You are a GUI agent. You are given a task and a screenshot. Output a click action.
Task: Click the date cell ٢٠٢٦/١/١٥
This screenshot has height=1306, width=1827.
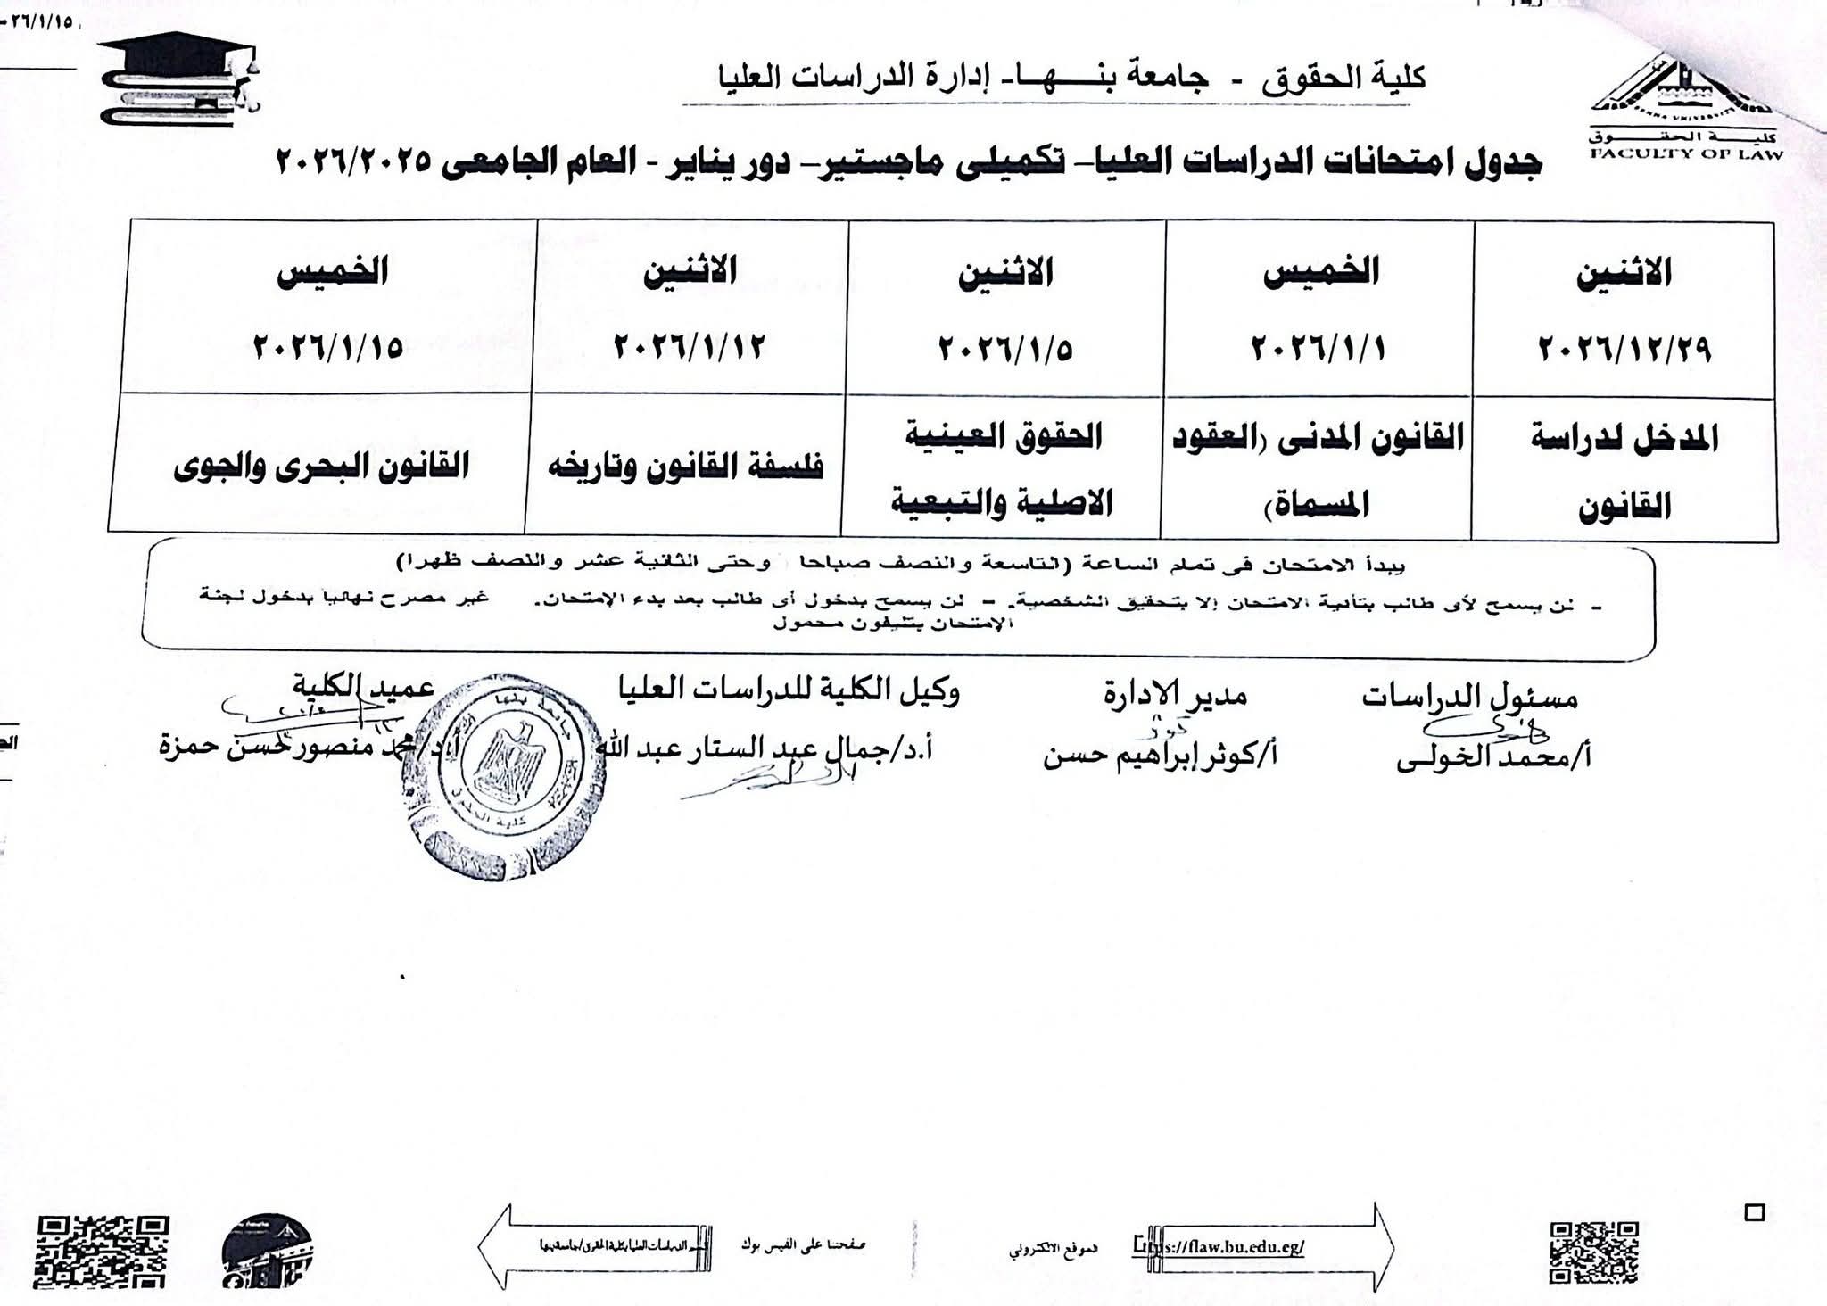[328, 346]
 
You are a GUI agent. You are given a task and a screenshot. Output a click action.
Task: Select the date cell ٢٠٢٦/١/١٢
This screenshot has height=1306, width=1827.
[689, 346]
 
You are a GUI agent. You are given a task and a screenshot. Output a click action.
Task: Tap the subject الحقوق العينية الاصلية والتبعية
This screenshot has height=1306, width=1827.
[1003, 469]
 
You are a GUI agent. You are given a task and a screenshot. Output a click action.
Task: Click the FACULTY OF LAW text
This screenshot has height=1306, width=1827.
[1687, 154]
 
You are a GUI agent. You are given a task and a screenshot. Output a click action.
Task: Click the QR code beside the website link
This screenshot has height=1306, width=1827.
[1594, 1252]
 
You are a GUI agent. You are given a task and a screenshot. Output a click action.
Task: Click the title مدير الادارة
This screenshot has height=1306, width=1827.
[1175, 694]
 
